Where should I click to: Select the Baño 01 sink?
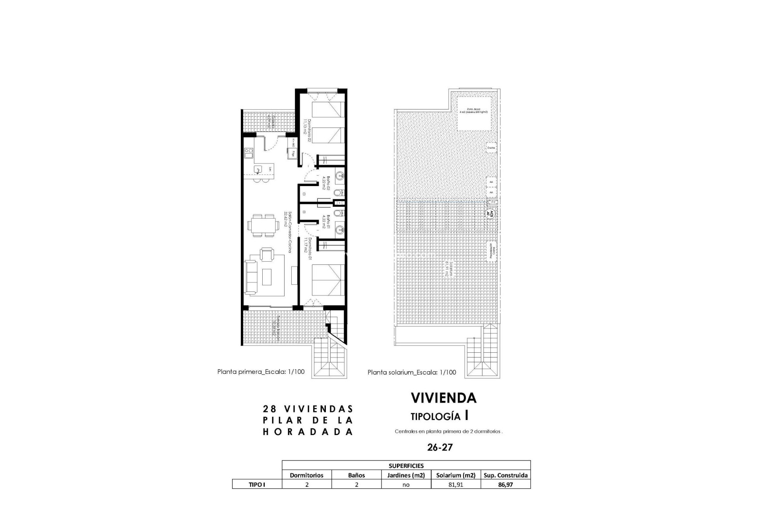click(340, 229)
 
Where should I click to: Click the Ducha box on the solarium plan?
click(491, 148)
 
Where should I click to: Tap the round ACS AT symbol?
click(491, 212)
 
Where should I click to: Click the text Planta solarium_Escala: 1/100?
click(412, 373)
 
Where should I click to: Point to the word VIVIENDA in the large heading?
click(443, 398)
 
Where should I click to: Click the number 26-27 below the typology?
click(440, 447)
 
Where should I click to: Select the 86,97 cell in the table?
click(505, 484)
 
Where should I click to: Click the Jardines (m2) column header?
click(406, 475)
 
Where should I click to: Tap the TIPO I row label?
click(257, 484)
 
